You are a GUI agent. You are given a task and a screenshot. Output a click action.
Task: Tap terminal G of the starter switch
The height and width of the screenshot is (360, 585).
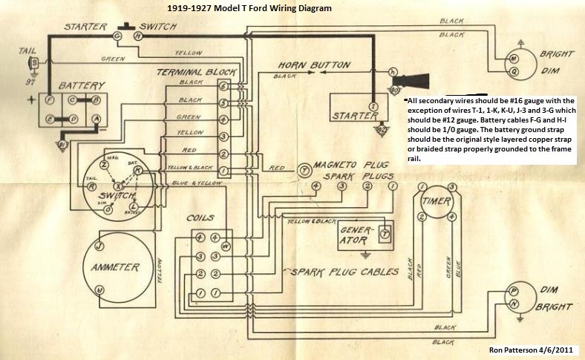tap(117, 36)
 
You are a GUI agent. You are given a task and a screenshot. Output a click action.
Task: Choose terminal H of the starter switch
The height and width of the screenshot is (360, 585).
tap(137, 36)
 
